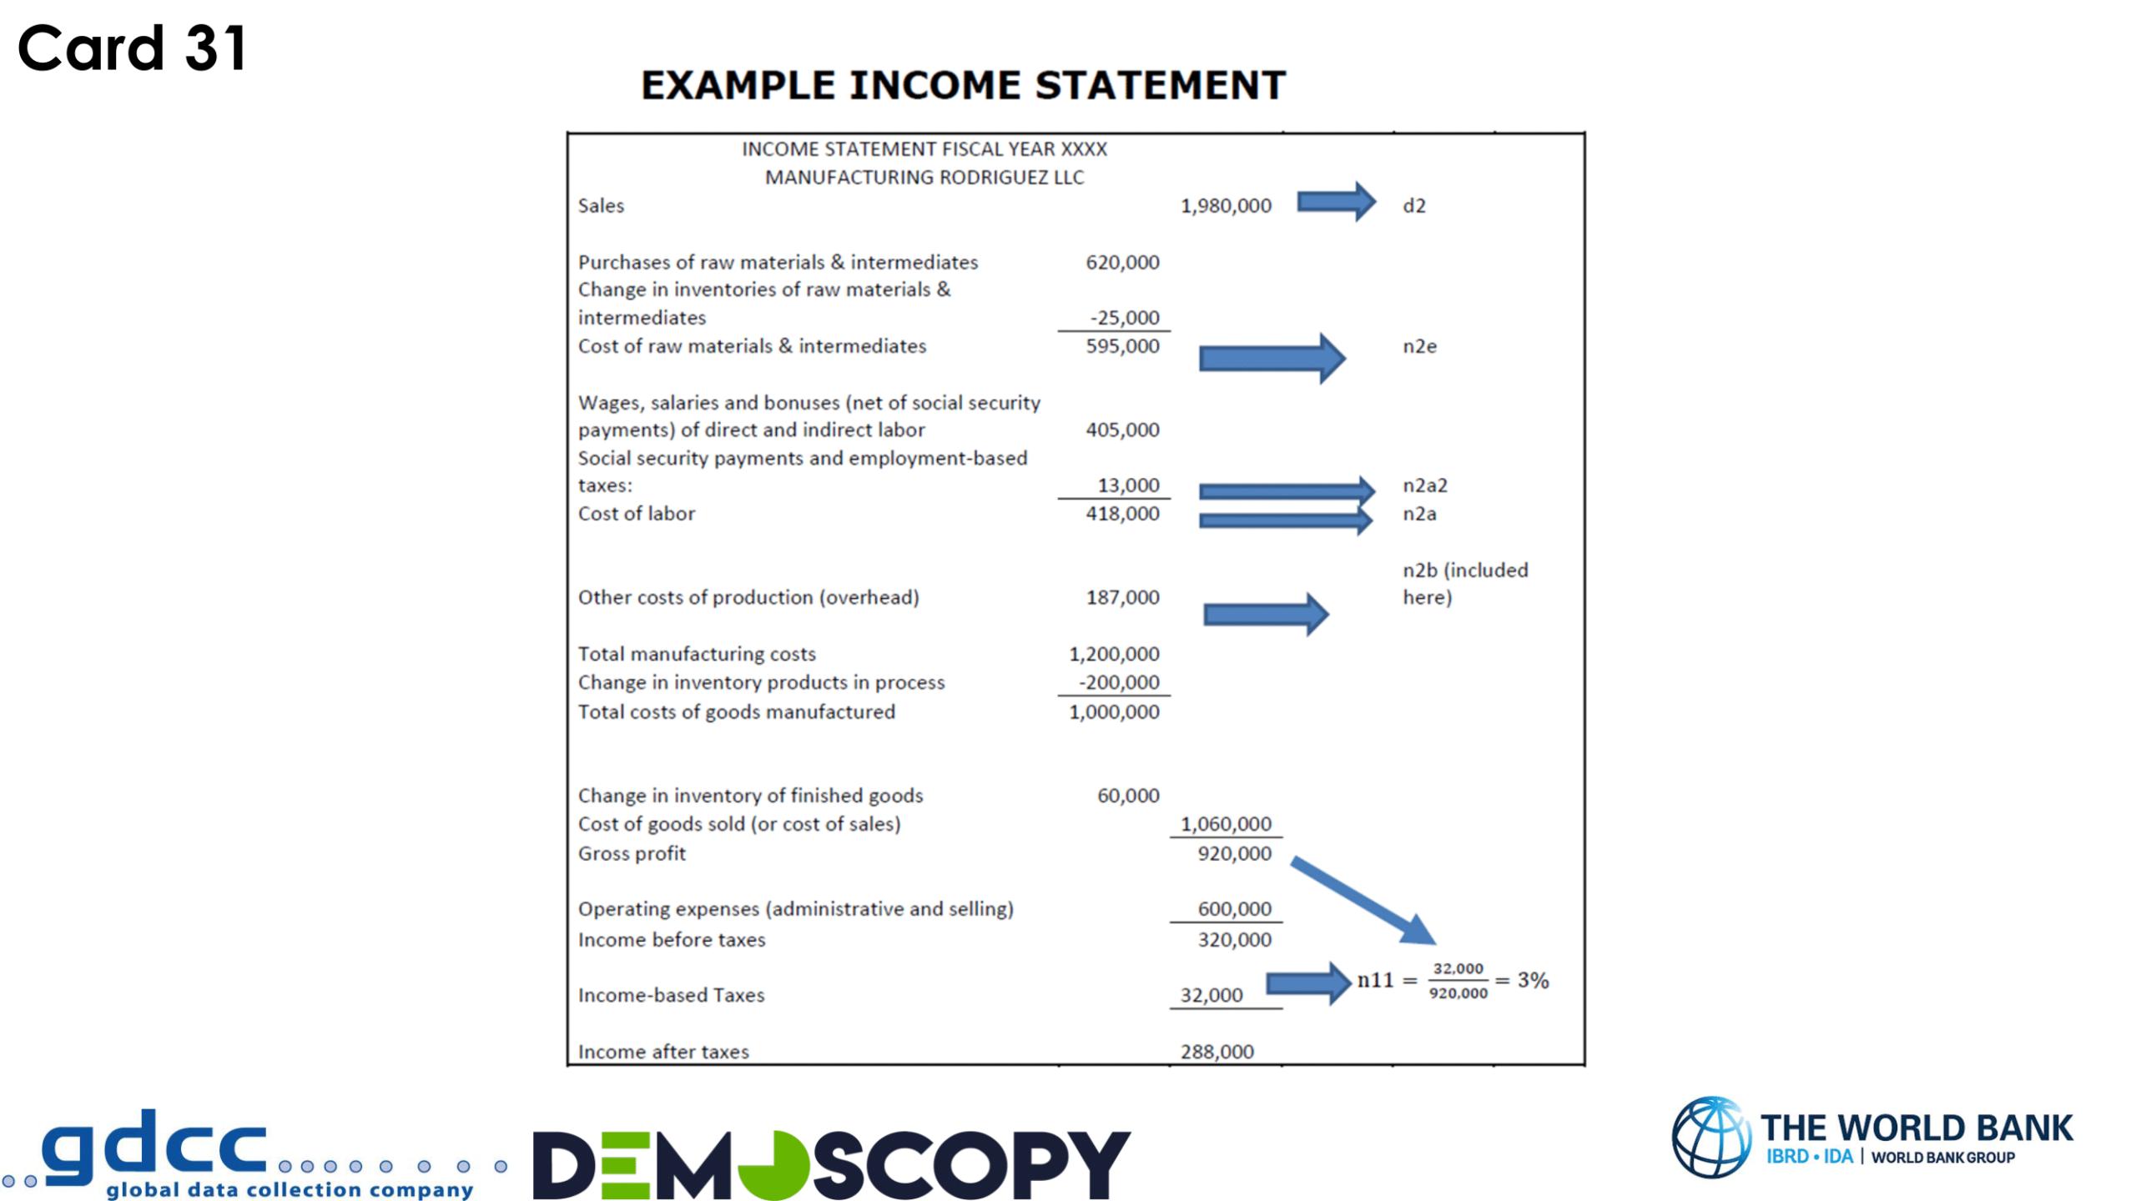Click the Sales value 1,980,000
[x=1225, y=206]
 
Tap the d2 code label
[x=1413, y=206]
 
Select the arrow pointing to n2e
[x=1271, y=359]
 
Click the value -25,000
[x=1124, y=318]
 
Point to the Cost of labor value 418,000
[x=1121, y=514]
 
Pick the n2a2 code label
[x=1424, y=485]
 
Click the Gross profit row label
[x=632, y=853]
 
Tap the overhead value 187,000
[x=1121, y=597]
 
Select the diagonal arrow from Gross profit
[x=1363, y=901]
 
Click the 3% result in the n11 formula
[x=1533, y=980]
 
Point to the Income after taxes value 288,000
[x=1217, y=1052]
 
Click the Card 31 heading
[x=133, y=48]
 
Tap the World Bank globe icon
[x=1711, y=1137]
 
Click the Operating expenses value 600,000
[x=1234, y=909]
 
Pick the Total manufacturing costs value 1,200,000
[x=1113, y=654]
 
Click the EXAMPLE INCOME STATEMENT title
[x=963, y=85]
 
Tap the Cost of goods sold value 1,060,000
[x=1225, y=824]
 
